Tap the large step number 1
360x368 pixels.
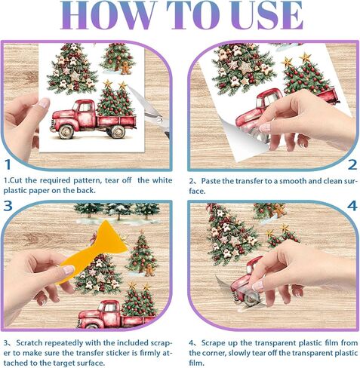point(8,164)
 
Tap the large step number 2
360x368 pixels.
point(352,164)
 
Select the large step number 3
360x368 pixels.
point(8,206)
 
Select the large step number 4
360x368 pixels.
point(352,206)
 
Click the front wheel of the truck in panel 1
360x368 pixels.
point(66,131)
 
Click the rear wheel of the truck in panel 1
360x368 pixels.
point(118,131)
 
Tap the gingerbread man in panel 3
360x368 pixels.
point(150,270)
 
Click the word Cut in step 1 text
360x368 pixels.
point(17,180)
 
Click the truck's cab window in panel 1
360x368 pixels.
point(84,108)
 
